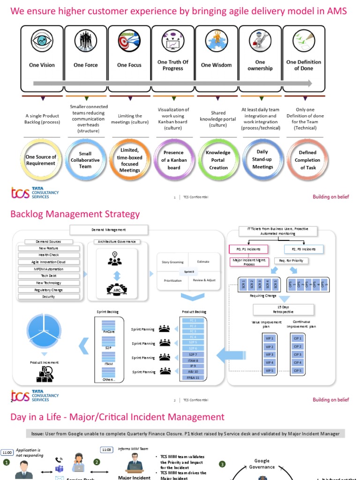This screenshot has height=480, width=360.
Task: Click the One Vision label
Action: tap(42, 65)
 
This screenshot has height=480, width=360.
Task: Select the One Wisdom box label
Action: tap(216, 65)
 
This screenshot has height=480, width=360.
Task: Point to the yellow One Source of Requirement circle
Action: tap(41, 160)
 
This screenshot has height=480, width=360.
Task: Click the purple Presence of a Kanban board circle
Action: tap(174, 160)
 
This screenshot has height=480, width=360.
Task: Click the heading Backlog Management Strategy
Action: tap(75, 214)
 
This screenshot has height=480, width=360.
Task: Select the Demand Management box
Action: tap(109, 230)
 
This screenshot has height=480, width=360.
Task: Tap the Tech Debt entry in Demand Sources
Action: tap(48, 276)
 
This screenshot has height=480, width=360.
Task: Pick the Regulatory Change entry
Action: tap(48, 290)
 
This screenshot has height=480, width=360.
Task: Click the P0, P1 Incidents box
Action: tap(248, 249)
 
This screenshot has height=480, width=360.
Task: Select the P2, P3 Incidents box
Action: tap(304, 249)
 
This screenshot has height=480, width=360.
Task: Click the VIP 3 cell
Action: tap(270, 355)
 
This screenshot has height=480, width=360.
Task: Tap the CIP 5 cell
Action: tap(297, 370)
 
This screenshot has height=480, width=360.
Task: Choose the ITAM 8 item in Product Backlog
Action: tap(193, 360)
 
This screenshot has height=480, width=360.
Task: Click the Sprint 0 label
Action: tap(188, 271)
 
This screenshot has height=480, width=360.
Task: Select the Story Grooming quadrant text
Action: tap(172, 262)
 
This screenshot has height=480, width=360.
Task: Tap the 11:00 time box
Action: tap(7, 452)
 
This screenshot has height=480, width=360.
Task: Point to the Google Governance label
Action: tap(262, 464)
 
